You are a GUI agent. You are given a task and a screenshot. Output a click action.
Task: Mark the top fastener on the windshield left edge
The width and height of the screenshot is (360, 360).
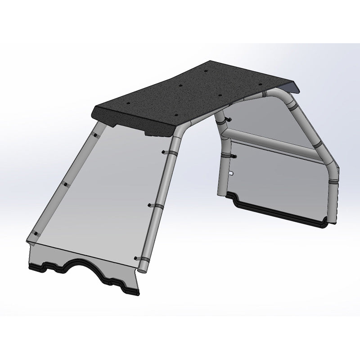tap(96, 135)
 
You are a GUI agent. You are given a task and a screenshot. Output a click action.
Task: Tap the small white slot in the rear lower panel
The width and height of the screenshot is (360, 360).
tap(230, 173)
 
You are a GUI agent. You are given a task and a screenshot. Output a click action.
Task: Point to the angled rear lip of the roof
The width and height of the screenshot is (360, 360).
tap(292, 85)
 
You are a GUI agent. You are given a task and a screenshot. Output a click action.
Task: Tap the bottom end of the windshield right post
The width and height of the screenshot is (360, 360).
tap(140, 270)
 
